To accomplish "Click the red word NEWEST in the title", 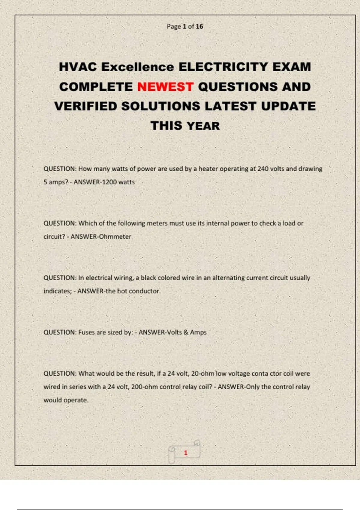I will pos(165,87).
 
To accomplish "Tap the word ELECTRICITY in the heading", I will pos(223,67).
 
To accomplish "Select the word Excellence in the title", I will pos(137,67).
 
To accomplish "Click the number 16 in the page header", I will pos(199,26).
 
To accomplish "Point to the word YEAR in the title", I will pos(203,126).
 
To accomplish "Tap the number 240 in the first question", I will pos(263,169).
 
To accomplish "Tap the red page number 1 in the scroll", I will pos(186,453).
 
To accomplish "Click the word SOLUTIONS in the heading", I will pos(161,106).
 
